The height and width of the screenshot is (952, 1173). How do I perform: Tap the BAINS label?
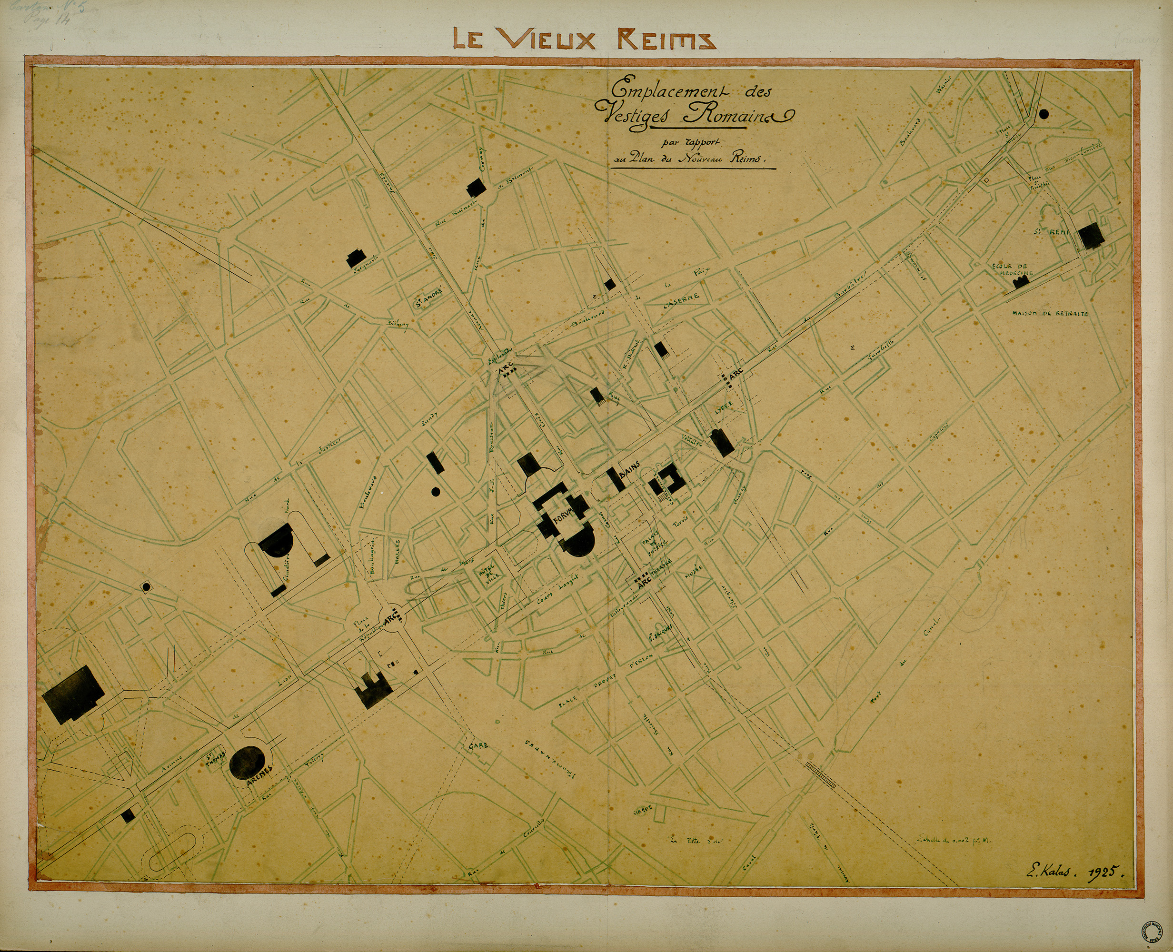coord(630,472)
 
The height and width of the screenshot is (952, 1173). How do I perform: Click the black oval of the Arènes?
coord(250,762)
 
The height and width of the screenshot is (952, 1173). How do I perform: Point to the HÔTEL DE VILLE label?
coord(487,573)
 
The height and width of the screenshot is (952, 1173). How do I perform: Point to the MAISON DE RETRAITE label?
coord(1050,314)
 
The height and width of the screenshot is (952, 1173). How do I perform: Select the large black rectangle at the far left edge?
coord(73,694)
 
